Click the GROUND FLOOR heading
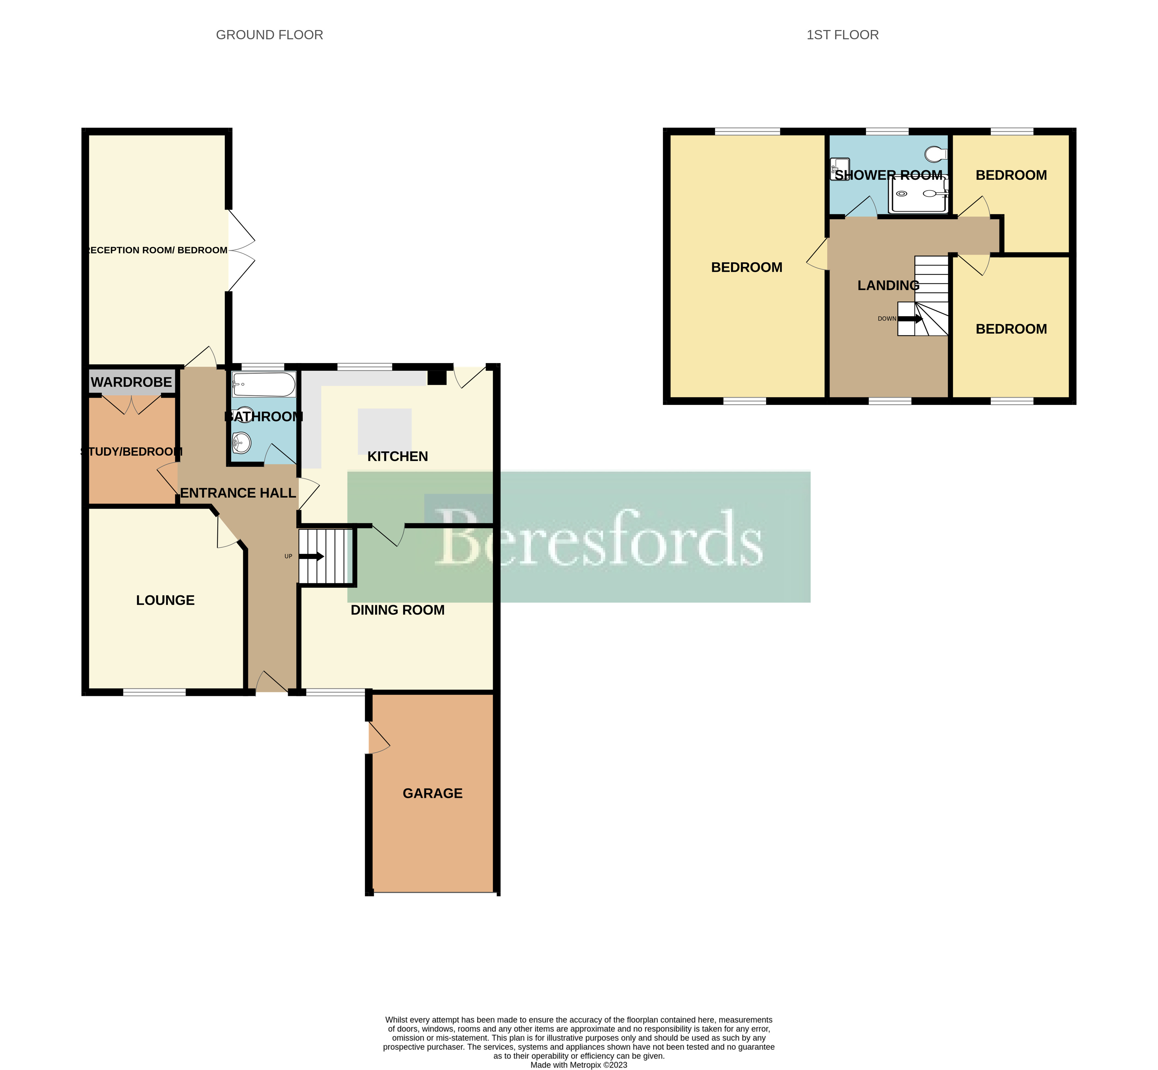pyautogui.click(x=269, y=35)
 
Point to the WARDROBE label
pyautogui.click(x=131, y=382)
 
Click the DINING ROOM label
pyautogui.click(x=398, y=610)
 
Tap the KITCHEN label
pyautogui.click(x=398, y=456)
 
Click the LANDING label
pyautogui.click(x=888, y=285)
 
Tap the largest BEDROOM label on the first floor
pyautogui.click(x=746, y=267)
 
